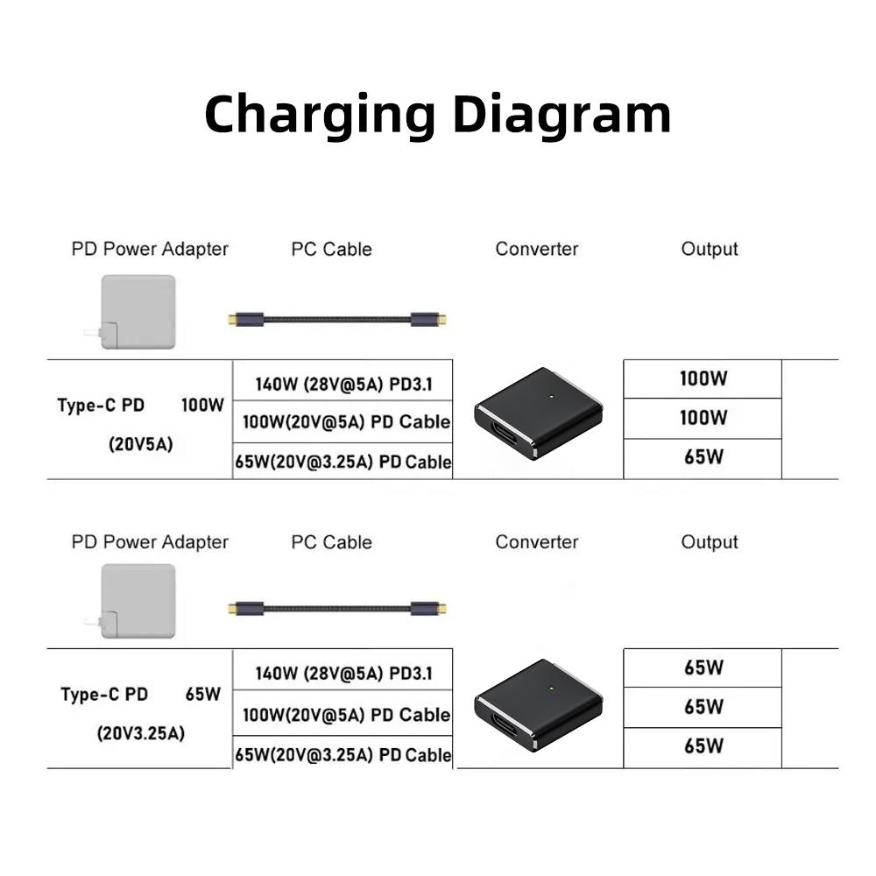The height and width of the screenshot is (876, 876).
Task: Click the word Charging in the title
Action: (x=320, y=115)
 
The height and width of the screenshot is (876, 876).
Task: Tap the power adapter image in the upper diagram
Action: (x=138, y=313)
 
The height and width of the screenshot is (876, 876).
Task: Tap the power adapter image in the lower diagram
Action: (x=138, y=601)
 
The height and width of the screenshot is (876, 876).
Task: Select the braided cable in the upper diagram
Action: (x=337, y=320)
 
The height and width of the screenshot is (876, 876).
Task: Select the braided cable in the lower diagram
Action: (x=337, y=609)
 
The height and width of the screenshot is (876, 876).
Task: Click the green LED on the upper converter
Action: (x=549, y=397)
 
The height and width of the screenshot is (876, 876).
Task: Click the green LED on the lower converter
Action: (x=549, y=689)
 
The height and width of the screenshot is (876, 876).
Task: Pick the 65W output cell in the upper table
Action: (x=703, y=457)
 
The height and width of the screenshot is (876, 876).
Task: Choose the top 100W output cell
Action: (x=703, y=379)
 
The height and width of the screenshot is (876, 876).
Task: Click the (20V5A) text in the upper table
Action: (x=141, y=444)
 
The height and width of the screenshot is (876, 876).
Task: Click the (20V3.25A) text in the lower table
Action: (x=141, y=732)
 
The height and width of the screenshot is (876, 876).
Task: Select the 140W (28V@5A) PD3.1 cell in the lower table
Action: (x=343, y=674)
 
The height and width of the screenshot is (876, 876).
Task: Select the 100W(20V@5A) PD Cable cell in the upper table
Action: (x=347, y=422)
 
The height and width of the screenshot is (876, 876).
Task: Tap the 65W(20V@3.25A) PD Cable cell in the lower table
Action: (x=343, y=754)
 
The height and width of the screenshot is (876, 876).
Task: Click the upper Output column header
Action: (x=710, y=250)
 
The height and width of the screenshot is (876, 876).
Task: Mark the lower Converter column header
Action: (x=537, y=542)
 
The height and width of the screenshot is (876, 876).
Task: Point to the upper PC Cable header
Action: (x=331, y=250)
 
